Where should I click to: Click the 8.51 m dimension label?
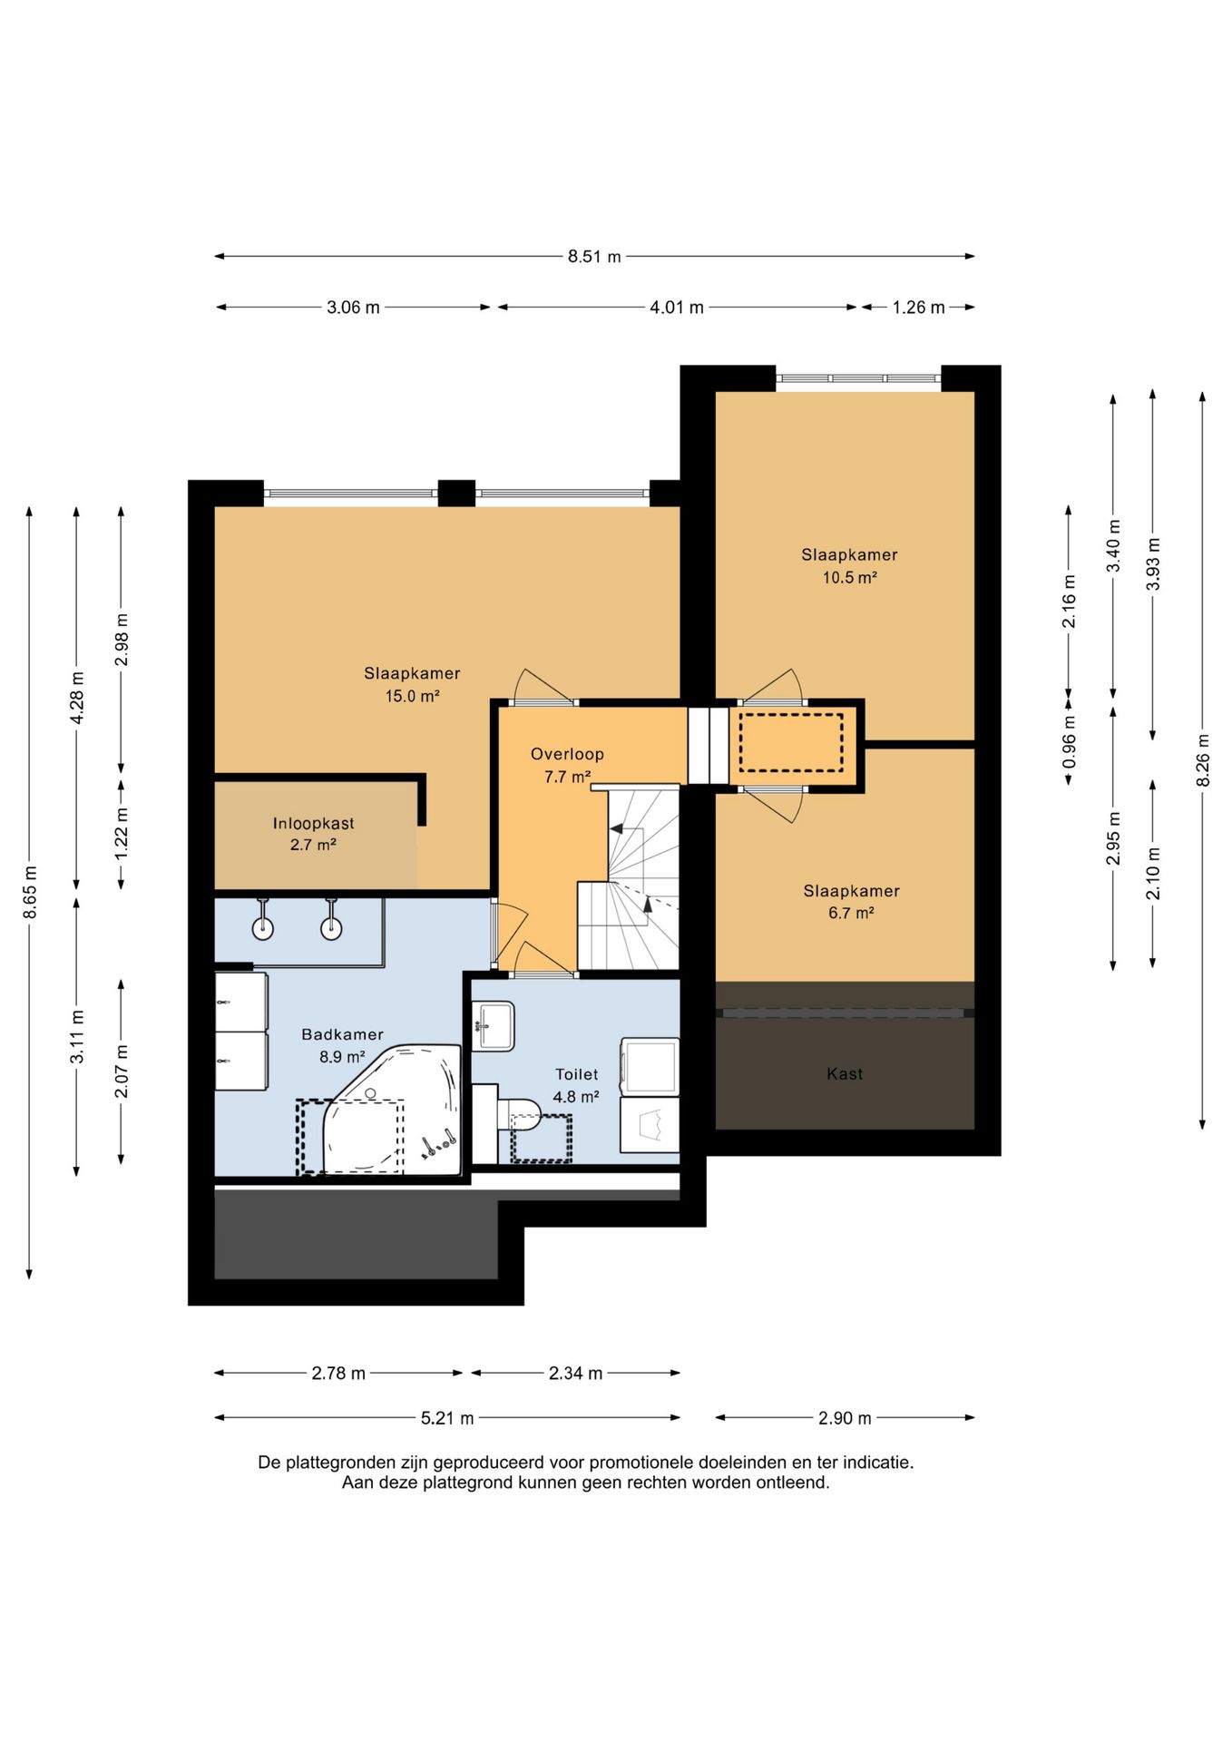(x=594, y=257)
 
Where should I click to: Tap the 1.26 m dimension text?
(x=918, y=308)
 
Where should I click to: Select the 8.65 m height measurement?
(x=30, y=892)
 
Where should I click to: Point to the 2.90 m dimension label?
(x=845, y=1418)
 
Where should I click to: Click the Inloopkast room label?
(x=314, y=824)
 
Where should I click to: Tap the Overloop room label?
(x=567, y=754)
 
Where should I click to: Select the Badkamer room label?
(x=342, y=1034)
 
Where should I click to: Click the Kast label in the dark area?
(x=845, y=1074)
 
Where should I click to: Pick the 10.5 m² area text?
(x=850, y=578)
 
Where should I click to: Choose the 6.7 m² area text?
(x=851, y=914)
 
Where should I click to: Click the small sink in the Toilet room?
(x=494, y=1026)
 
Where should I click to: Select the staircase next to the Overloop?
(x=629, y=878)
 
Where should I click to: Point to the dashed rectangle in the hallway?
(x=791, y=742)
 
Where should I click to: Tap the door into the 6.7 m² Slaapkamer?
(x=773, y=804)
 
